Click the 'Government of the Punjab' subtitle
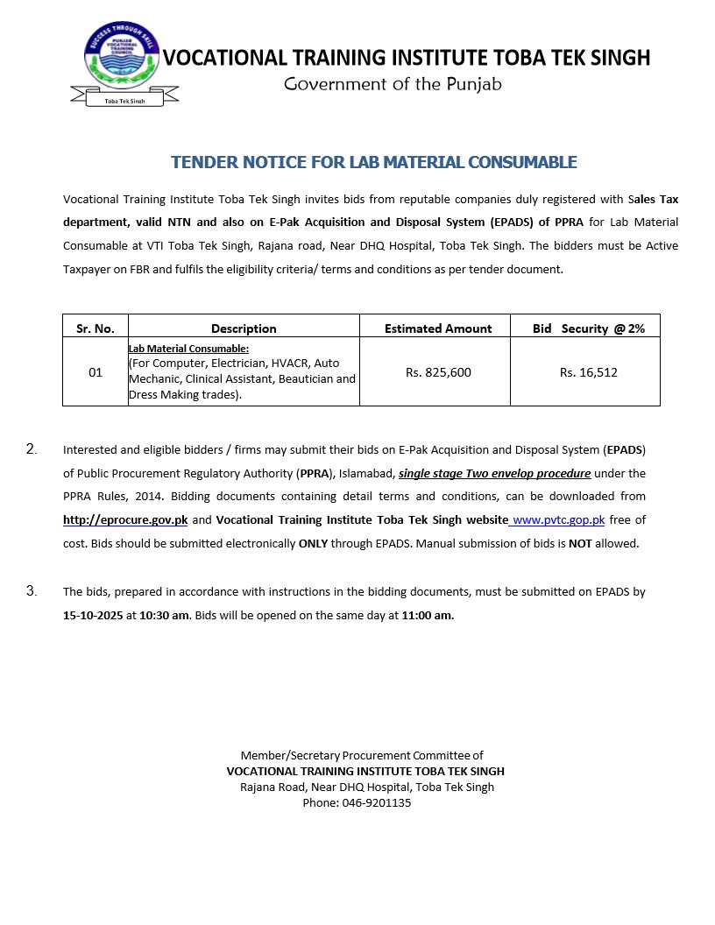click(393, 84)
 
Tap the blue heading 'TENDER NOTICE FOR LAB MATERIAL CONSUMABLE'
click(373, 162)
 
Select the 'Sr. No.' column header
click(96, 328)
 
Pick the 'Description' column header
click(244, 328)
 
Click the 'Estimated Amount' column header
click(438, 328)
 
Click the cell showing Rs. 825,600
click(438, 372)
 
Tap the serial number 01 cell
click(96, 372)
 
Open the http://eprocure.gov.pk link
click(125, 519)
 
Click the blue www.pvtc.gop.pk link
click(558, 519)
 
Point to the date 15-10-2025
click(93, 615)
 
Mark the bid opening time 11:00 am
click(428, 615)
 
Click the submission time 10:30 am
click(165, 615)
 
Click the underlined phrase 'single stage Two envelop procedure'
click(495, 474)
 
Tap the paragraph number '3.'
click(32, 591)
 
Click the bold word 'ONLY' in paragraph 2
click(313, 543)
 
